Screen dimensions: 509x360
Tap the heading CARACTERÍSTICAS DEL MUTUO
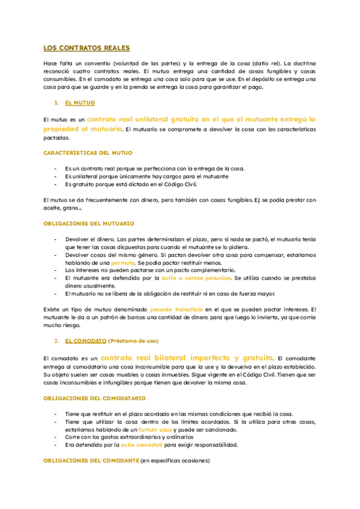point(88,153)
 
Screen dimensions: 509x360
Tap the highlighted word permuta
point(123,263)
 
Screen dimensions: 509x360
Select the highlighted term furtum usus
point(154,430)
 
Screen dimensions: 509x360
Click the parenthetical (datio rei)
point(265,64)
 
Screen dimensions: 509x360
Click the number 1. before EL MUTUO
point(56,103)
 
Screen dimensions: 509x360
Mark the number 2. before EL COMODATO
point(56,341)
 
